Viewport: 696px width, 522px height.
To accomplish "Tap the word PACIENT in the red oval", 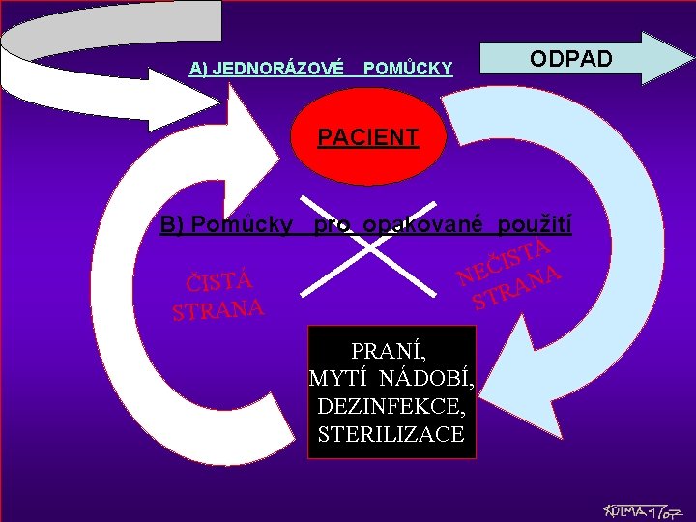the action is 368,137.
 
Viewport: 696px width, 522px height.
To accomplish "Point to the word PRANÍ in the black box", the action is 391,349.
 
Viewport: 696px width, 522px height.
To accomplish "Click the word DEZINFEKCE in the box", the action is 391,407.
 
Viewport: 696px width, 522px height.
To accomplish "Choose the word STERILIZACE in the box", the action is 391,435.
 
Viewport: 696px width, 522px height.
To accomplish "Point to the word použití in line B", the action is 535,226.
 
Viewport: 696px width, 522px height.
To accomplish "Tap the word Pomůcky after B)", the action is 242,226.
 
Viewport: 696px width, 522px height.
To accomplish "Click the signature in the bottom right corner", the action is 639,509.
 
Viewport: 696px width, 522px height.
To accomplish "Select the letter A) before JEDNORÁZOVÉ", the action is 199,68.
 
